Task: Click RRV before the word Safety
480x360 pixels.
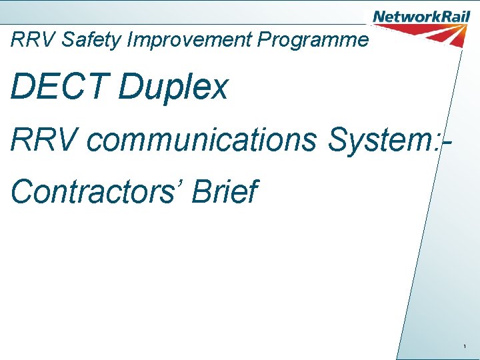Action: tap(34, 40)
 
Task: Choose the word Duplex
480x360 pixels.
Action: tap(173, 87)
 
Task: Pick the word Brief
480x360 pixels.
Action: tap(225, 192)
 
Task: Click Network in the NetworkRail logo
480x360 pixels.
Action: tap(403, 16)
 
